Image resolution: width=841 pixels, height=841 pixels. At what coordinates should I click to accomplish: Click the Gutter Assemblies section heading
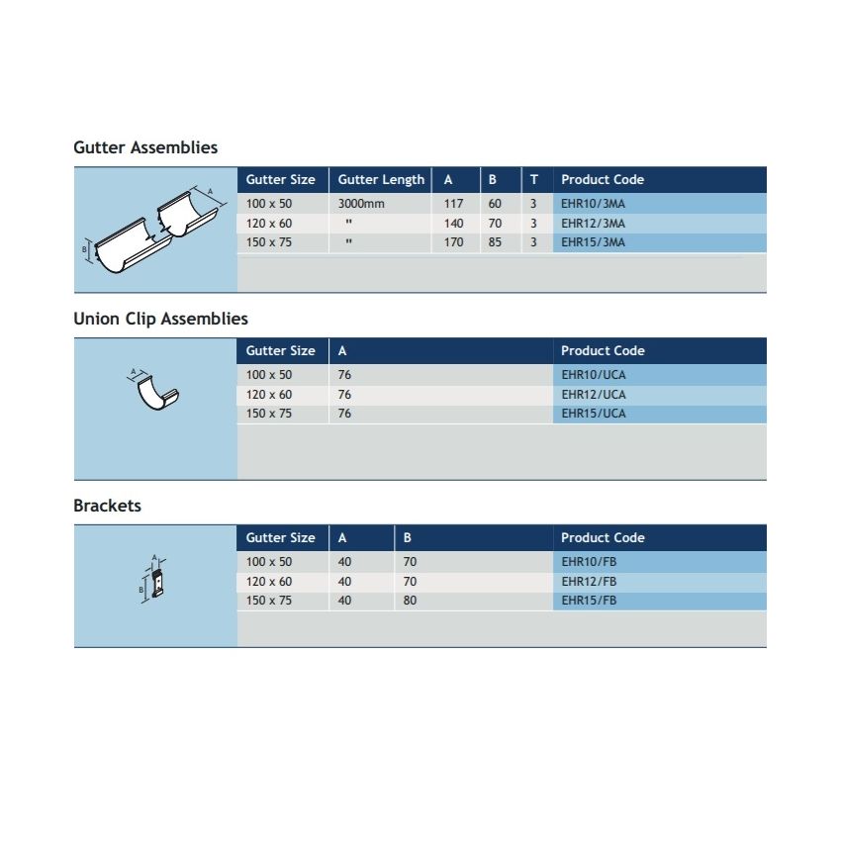(x=145, y=147)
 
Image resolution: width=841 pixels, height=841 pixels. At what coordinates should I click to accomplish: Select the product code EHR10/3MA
(x=593, y=204)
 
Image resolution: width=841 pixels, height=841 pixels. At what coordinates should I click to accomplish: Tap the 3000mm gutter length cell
(x=360, y=204)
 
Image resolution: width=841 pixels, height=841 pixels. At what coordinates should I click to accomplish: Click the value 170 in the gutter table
(x=453, y=242)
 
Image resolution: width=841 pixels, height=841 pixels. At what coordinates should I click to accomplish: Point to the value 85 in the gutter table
(x=495, y=242)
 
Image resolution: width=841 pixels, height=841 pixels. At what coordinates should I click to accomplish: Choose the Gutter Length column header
(x=381, y=179)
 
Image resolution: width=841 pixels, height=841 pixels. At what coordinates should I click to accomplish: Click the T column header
(x=534, y=179)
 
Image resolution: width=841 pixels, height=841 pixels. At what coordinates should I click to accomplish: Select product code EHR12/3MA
(x=593, y=224)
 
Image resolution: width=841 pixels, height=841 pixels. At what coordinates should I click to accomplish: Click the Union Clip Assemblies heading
(x=160, y=319)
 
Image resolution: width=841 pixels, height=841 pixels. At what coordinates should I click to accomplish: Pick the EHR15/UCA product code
(x=594, y=414)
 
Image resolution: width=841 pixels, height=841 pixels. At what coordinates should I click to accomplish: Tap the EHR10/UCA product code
(x=594, y=375)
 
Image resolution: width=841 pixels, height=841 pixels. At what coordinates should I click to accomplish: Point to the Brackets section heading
(x=107, y=506)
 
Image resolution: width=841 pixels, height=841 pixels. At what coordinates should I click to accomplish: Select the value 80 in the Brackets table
(x=410, y=601)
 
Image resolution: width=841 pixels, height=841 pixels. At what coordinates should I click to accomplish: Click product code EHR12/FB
(x=589, y=582)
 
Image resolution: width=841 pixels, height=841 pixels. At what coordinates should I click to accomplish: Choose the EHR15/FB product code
(x=589, y=601)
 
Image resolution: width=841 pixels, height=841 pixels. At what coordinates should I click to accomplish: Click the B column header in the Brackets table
(x=408, y=537)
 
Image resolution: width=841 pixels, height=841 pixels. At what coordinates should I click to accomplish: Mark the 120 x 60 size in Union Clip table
(x=269, y=395)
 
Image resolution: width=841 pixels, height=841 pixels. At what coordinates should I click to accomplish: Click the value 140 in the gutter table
(x=453, y=224)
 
